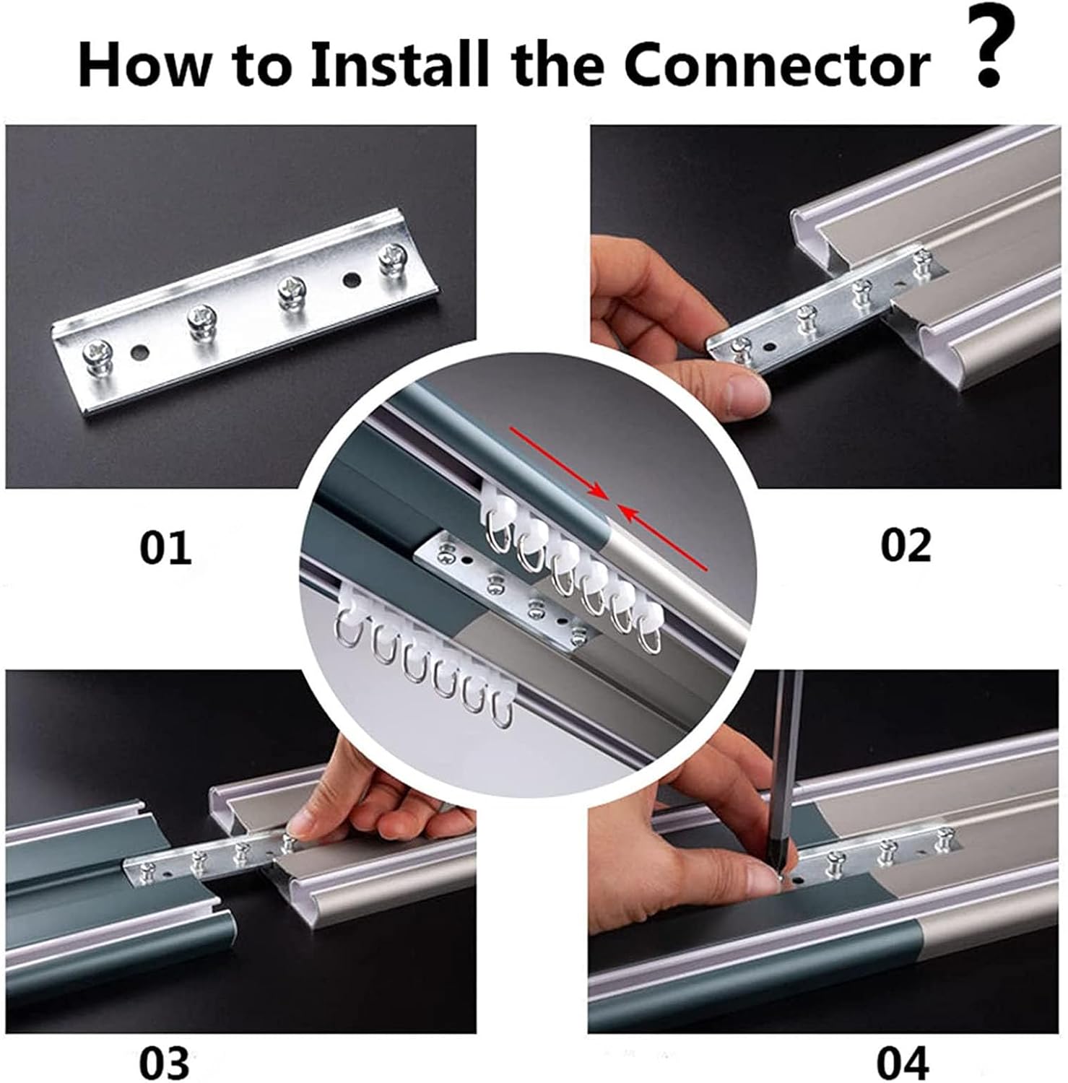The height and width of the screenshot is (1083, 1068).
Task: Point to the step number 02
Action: pos(906,546)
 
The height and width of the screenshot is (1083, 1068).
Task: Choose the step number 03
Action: pos(164,1062)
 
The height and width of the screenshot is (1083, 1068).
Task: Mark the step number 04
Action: pos(903,1062)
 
